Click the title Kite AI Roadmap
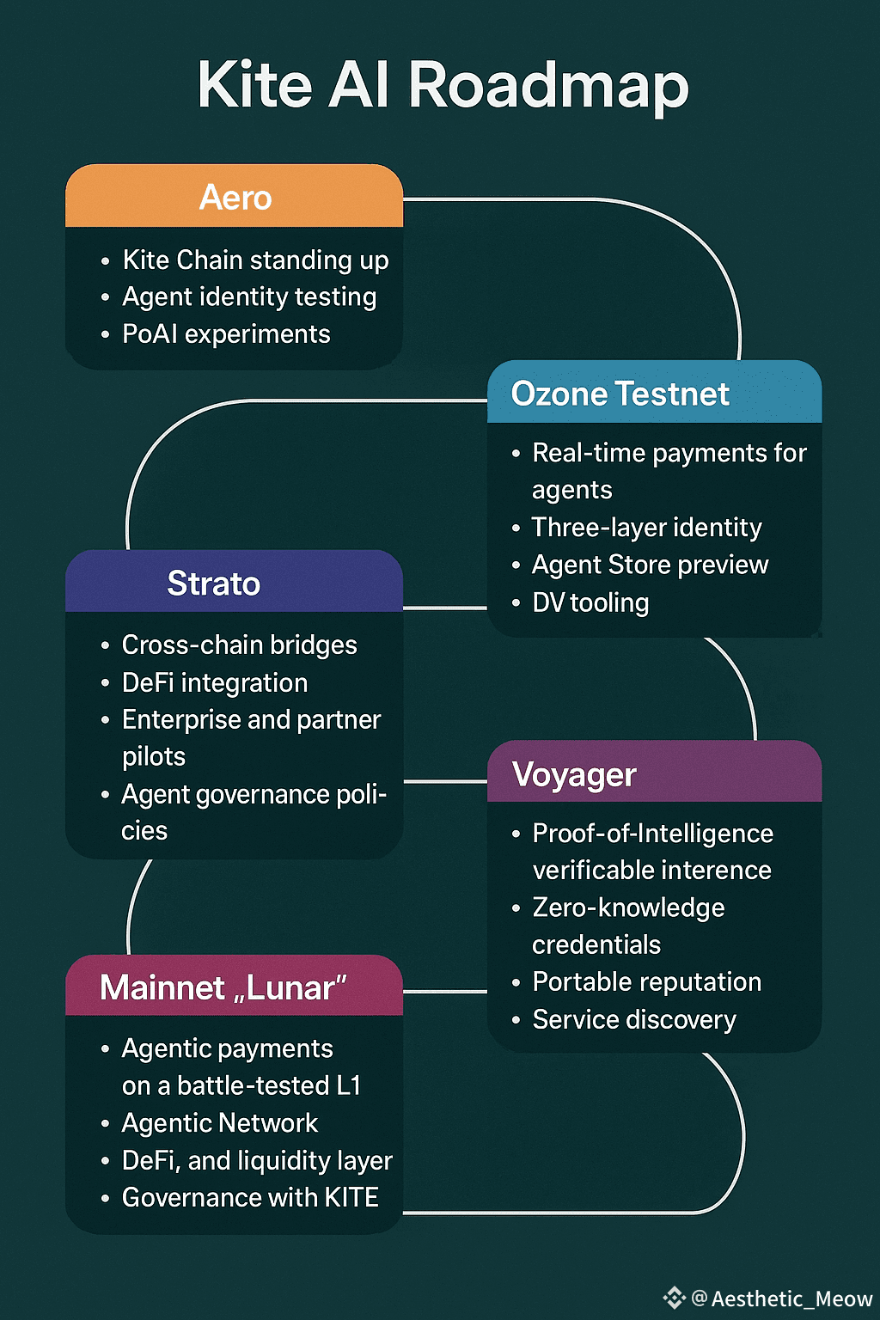[443, 85]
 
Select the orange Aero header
[235, 198]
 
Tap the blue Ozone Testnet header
[620, 394]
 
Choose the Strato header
[214, 584]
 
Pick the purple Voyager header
[574, 774]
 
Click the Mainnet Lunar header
[223, 987]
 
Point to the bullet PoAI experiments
[226, 333]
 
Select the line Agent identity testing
[249, 296]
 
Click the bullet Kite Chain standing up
[255, 260]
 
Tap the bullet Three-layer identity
[646, 527]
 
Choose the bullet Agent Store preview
[650, 565]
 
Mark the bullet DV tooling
[590, 602]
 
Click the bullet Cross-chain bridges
[239, 645]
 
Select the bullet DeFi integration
[215, 682]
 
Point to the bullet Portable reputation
[646, 981]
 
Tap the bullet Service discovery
[634, 1019]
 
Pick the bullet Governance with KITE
[250, 1197]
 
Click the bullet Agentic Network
[220, 1122]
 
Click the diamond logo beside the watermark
[675, 1297]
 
